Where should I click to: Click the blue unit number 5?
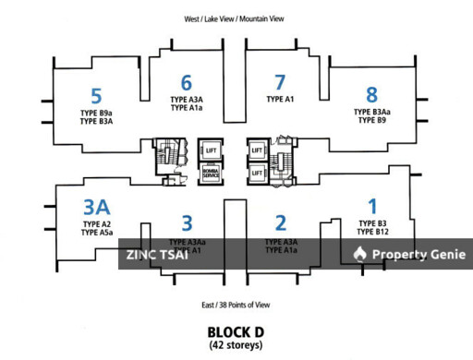click(x=96, y=94)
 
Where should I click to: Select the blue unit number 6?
click(x=187, y=82)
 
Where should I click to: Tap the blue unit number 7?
click(x=280, y=82)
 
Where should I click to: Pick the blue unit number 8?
click(x=372, y=94)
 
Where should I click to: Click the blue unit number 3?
click(x=187, y=222)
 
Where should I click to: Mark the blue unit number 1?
click(x=372, y=207)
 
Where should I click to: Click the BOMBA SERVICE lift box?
click(x=210, y=174)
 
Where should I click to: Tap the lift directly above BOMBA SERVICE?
click(x=210, y=150)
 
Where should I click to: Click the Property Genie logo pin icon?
click(x=360, y=255)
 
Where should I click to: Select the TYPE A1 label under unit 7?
click(x=280, y=99)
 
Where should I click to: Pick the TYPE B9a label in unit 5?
click(x=96, y=112)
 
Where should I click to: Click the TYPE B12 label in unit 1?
click(x=372, y=233)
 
